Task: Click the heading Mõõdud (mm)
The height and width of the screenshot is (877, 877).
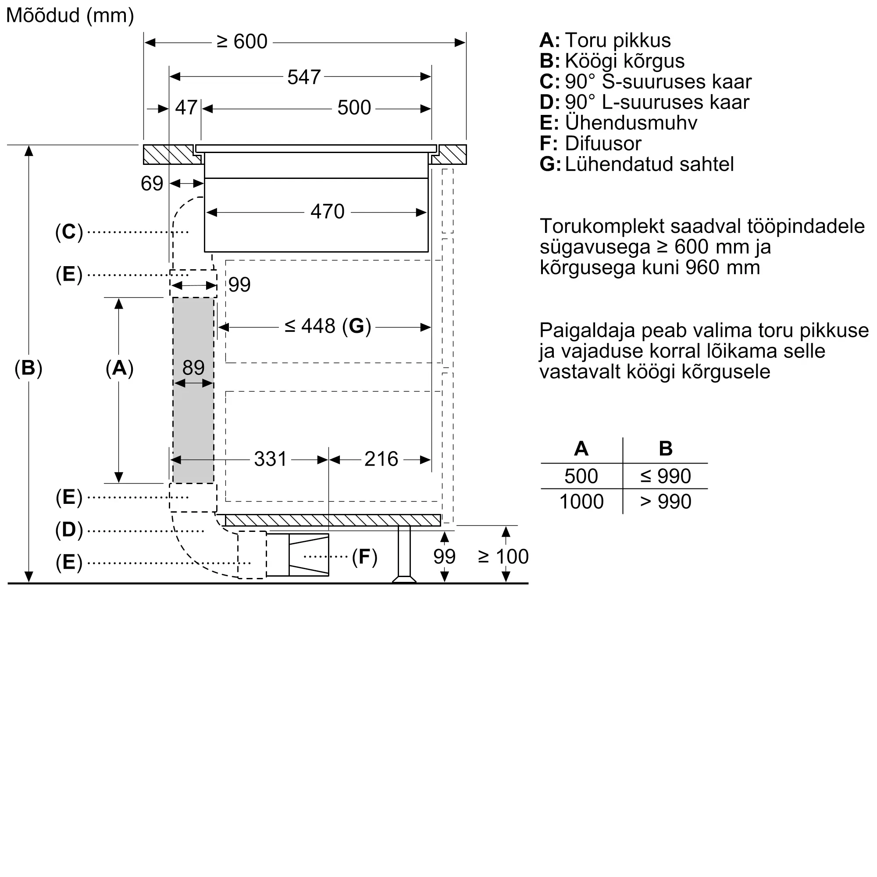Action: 70,16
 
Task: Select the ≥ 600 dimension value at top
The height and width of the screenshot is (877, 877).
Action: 242,42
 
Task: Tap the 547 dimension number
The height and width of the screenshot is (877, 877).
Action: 304,77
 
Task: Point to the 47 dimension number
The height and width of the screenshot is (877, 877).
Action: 186,107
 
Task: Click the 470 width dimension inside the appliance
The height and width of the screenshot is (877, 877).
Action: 327,211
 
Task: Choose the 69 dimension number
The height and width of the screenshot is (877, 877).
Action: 152,183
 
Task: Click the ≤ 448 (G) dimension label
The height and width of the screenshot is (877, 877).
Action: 328,326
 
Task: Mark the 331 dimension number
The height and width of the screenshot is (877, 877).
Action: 271,459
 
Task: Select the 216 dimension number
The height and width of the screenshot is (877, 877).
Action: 381,459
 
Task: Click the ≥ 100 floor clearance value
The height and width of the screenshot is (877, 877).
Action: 503,556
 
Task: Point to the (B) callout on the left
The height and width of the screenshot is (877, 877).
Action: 28,368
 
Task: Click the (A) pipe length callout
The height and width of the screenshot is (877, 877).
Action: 119,368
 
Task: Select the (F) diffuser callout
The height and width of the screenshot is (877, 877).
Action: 364,557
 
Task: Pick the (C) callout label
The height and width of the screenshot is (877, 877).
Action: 69,232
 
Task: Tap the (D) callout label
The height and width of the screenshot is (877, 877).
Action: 69,530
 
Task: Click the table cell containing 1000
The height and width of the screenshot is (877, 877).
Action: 581,502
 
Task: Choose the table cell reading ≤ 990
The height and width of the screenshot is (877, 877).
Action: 666,476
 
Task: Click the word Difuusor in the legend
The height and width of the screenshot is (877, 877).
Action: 603,143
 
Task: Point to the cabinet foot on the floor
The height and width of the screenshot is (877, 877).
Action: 404,554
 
